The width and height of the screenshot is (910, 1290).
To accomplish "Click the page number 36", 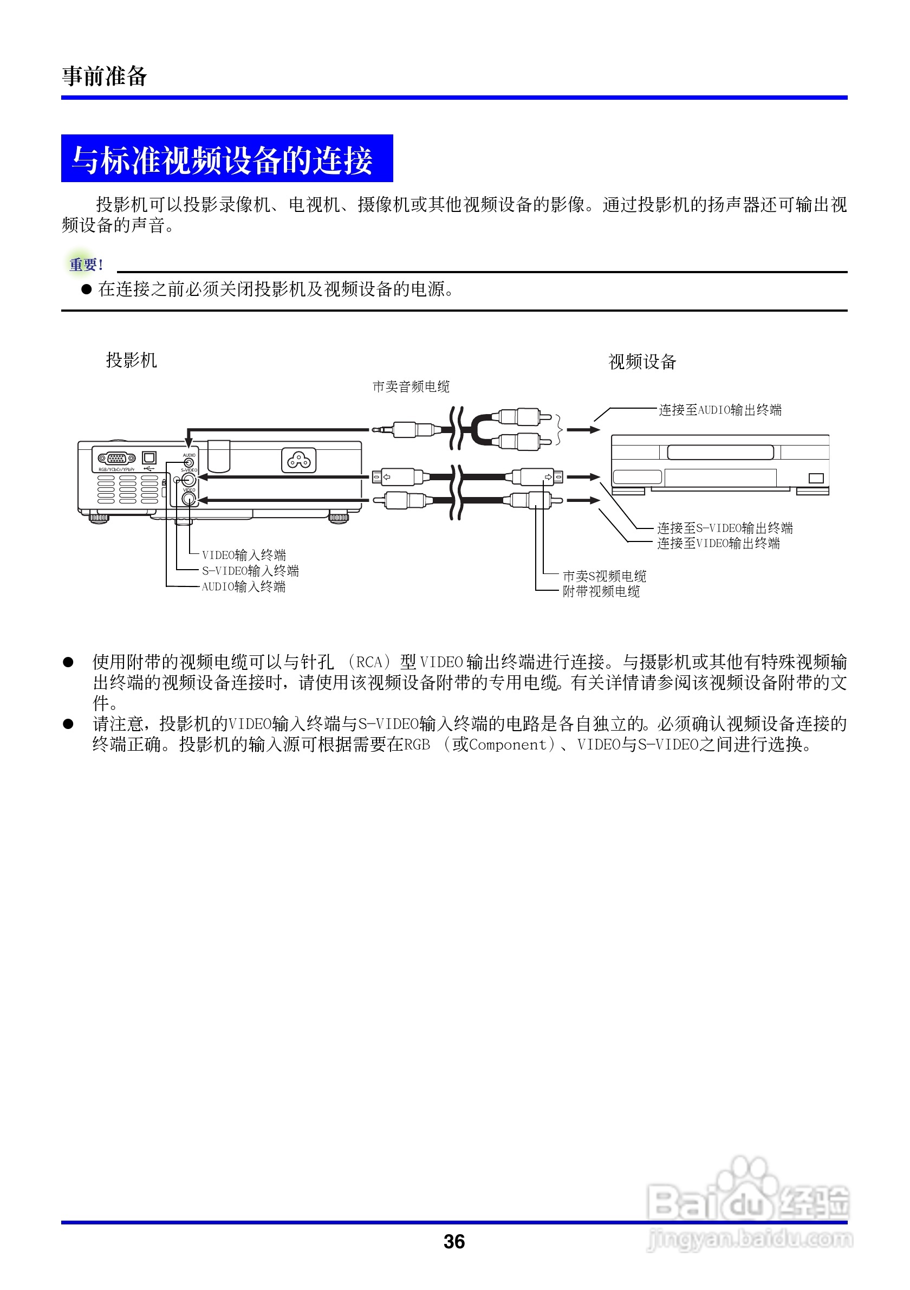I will [453, 1241].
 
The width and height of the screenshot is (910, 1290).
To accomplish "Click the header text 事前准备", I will [105, 76].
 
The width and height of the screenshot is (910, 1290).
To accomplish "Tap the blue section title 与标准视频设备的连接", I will [223, 160].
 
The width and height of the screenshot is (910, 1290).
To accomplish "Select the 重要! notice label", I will [86, 264].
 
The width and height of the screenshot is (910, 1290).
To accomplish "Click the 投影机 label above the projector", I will [132, 360].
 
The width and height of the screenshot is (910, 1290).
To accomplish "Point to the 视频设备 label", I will [642, 362].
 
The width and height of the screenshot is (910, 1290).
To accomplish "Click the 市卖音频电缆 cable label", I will [411, 386].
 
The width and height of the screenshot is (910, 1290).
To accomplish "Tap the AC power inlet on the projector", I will [298, 461].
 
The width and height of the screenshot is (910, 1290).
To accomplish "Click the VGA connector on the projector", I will [116, 459].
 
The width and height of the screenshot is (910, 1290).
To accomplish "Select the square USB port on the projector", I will [149, 457].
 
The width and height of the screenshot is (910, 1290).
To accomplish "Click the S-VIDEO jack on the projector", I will [188, 479].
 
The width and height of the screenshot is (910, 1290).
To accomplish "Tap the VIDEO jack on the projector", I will [188, 499].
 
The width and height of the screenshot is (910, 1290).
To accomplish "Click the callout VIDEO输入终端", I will [244, 555].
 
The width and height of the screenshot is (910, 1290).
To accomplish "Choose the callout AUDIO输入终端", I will [244, 586].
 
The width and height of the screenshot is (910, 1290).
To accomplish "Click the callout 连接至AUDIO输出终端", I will [720, 410].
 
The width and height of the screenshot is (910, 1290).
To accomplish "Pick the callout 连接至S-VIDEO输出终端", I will [725, 528].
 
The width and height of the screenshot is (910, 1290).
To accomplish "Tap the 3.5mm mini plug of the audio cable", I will [385, 430].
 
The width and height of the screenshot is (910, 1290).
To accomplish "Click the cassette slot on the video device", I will [720, 452].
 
